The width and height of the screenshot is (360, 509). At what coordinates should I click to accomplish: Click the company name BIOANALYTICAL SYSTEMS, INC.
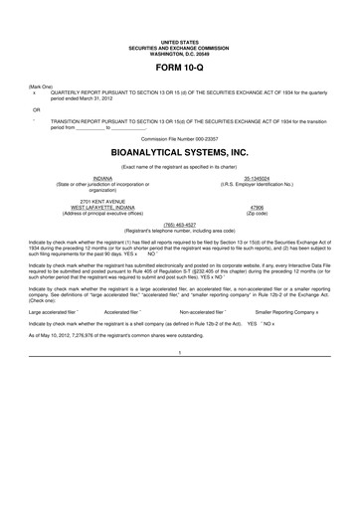[x=180, y=156]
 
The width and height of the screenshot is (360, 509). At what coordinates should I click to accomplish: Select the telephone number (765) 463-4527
[x=179, y=225]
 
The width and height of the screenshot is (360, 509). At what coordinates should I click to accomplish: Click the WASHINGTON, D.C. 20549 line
[x=180, y=51]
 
